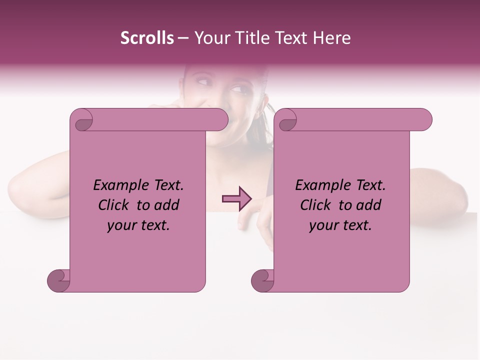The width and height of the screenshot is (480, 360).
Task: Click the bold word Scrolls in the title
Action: [147, 38]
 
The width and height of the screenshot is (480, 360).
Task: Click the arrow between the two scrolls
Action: [236, 199]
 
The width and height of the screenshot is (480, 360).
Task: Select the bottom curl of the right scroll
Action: [262, 280]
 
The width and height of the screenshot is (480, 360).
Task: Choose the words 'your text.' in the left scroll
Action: [138, 225]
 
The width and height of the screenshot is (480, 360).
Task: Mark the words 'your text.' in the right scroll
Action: [340, 225]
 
